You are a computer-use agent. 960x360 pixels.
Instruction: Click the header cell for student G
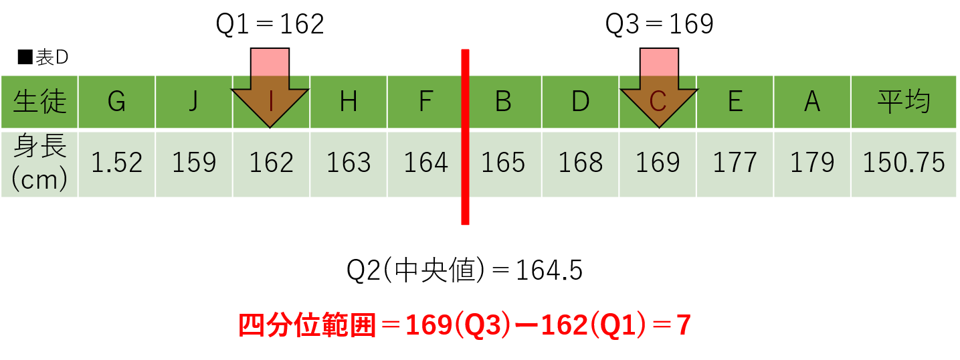coord(116,102)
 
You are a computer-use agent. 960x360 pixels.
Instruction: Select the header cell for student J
coord(194,102)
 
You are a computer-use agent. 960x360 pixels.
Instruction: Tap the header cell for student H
coord(348,102)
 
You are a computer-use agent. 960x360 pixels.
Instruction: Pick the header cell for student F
coord(425,102)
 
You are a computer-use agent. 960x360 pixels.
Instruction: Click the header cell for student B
coord(504,102)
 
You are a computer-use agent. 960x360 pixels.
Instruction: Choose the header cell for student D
coord(580,102)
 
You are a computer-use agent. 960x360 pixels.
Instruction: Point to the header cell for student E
coord(735,102)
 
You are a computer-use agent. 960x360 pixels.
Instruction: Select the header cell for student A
coord(812,102)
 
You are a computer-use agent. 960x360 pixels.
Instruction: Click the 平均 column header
coord(904,102)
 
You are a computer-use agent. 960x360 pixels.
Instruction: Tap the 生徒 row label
coord(39,102)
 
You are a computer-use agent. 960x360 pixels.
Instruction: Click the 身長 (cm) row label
coord(39,164)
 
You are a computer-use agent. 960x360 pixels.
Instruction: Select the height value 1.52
coord(116,163)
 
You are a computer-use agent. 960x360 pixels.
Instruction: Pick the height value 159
coord(194,163)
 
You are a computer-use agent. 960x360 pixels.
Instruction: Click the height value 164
coord(425,163)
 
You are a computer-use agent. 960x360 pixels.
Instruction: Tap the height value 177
coord(735,163)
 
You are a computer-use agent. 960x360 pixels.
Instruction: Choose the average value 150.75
coord(904,163)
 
